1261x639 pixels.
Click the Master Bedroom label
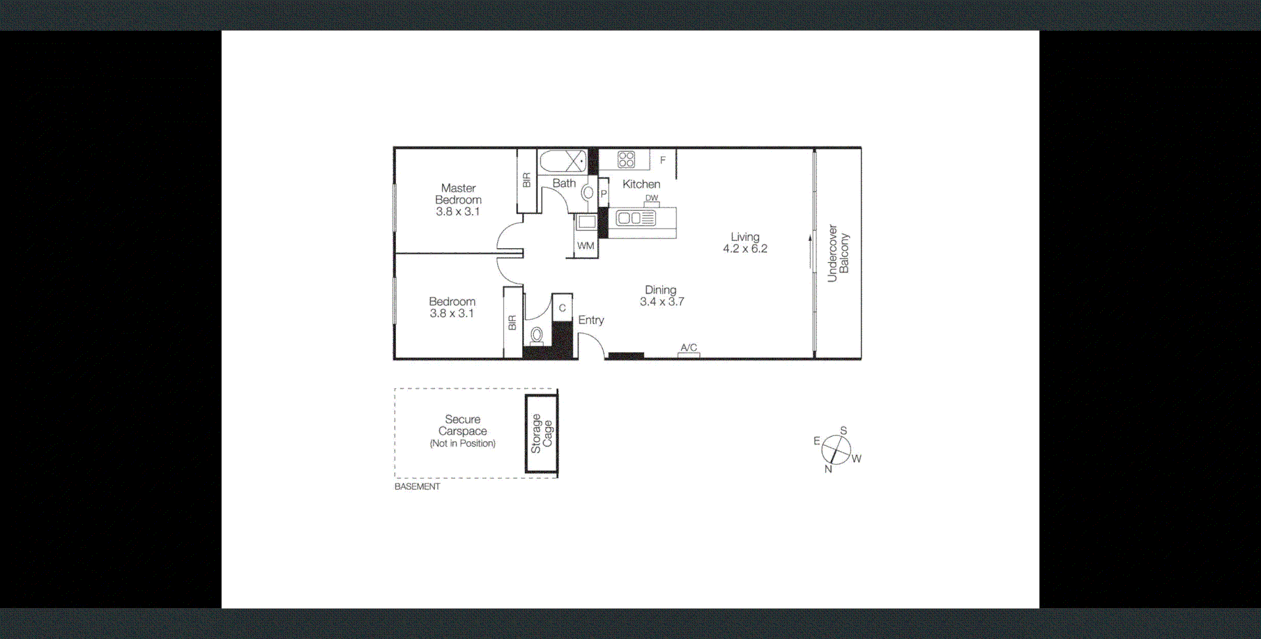pos(458,200)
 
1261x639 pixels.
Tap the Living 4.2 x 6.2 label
pos(745,242)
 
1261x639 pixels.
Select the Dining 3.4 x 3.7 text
pos(661,296)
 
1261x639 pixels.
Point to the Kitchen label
pos(641,185)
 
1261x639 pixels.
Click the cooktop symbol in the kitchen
pos(626,159)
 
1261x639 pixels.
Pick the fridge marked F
pos(663,160)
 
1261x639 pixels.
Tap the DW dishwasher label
pos(652,198)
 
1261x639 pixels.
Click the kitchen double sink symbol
pos(635,218)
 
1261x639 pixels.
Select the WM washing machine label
pos(585,246)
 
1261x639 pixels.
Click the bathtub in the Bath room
pos(563,161)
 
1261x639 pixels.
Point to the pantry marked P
pos(604,194)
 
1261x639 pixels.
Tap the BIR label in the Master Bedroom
pos(527,181)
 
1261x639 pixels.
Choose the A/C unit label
pos(688,347)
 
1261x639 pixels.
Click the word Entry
pos(590,320)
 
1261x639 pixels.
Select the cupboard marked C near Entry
pos(562,308)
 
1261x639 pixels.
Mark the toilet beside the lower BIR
pos(537,335)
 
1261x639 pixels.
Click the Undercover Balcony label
pos(838,253)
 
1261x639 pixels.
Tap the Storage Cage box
pos(541,433)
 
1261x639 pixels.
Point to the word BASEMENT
pos(417,487)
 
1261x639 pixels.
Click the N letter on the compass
pos(828,469)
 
